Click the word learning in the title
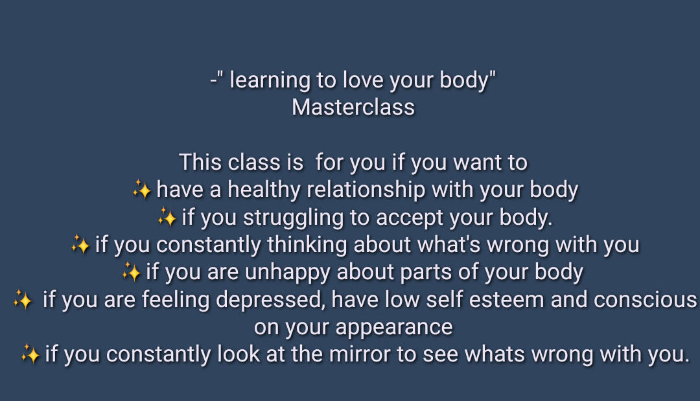click(x=270, y=81)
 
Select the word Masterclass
click(x=353, y=108)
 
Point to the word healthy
click(x=264, y=190)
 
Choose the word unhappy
click(x=288, y=273)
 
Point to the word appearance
click(x=394, y=328)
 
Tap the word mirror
click(x=359, y=354)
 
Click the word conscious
click(x=646, y=300)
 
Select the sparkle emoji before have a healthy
click(x=142, y=190)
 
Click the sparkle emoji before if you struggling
click(x=167, y=217)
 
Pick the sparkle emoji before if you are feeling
click(x=23, y=299)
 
